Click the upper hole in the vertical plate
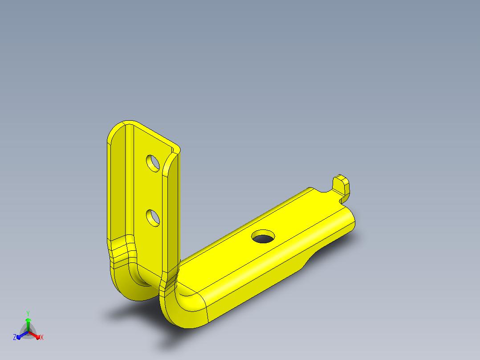[x=153, y=164]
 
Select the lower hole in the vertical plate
[x=153, y=218]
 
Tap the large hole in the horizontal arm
[x=263, y=236]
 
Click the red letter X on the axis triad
[x=42, y=337]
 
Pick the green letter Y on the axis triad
[x=28, y=314]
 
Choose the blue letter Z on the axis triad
[x=14, y=337]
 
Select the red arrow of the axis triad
[x=34, y=335]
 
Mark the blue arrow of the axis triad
[x=22, y=335]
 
